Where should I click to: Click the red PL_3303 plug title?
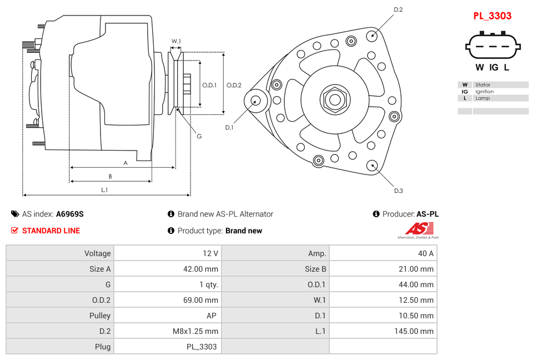pyautogui.click(x=492, y=16)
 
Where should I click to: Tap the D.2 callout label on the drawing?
pyautogui.click(x=398, y=9)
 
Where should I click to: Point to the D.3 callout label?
pyautogui.click(x=398, y=191)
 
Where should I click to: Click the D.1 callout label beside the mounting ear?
pyautogui.click(x=229, y=127)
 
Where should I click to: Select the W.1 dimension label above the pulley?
pyautogui.click(x=176, y=41)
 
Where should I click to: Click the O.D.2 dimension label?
pyautogui.click(x=234, y=85)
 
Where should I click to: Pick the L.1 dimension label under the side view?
pyautogui.click(x=104, y=189)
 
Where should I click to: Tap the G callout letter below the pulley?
pyautogui.click(x=199, y=136)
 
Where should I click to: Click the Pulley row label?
pyautogui.click(x=100, y=316)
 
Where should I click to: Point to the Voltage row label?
pyautogui.click(x=97, y=253)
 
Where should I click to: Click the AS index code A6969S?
pyautogui.click(x=70, y=214)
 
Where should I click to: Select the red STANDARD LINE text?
pyautogui.click(x=51, y=231)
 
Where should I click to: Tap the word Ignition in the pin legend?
pyautogui.click(x=484, y=92)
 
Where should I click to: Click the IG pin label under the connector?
pyautogui.click(x=494, y=68)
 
